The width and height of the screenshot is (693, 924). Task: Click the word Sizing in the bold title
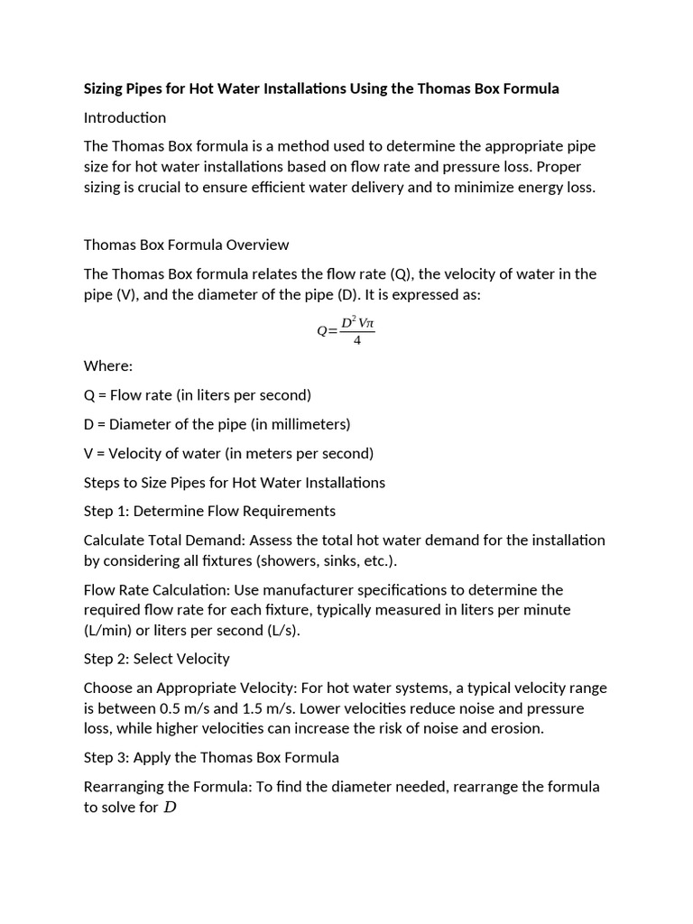pos(106,88)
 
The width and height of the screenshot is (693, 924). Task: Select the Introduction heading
pos(125,117)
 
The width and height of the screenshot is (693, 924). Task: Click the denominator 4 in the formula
pos(357,341)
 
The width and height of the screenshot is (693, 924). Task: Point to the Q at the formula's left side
pos(322,331)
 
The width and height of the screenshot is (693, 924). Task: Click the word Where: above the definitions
pos(108,365)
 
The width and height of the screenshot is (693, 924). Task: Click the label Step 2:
pos(106,659)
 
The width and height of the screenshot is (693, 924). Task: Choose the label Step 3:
pos(106,757)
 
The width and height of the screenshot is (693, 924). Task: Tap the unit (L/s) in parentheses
pos(276,630)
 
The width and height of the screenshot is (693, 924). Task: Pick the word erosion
pos(515,728)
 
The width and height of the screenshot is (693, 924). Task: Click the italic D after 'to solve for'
pos(169,808)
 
